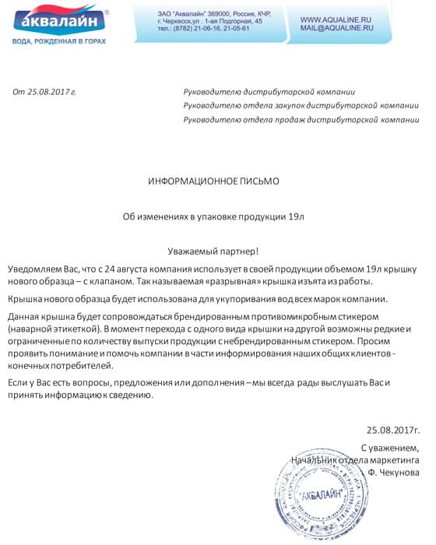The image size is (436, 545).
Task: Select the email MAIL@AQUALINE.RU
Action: (x=336, y=28)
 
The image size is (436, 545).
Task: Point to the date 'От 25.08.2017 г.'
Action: (x=44, y=93)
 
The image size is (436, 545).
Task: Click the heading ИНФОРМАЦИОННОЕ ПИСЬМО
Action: (x=213, y=181)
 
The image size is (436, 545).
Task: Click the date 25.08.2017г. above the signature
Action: (x=392, y=429)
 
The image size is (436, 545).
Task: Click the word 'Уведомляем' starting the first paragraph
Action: (x=32, y=269)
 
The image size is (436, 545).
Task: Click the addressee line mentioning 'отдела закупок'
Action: (x=301, y=106)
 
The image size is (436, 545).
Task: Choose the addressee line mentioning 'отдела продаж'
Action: (x=301, y=120)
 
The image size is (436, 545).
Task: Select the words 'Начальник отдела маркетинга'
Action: (x=354, y=459)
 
